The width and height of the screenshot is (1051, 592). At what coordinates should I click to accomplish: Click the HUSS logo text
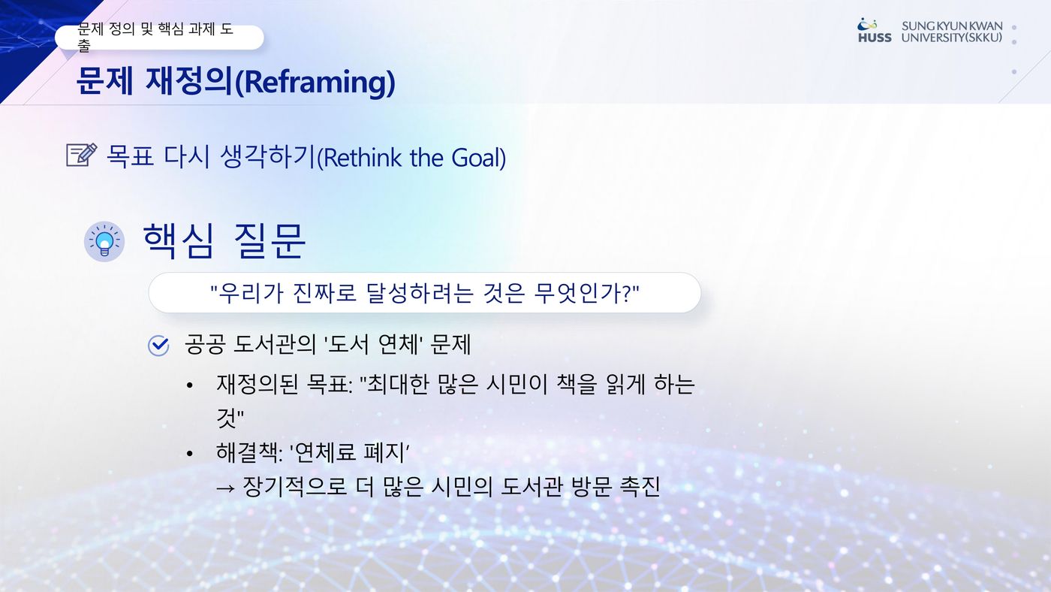[x=875, y=38]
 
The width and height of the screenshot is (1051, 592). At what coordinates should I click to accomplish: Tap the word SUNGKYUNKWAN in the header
[x=952, y=26]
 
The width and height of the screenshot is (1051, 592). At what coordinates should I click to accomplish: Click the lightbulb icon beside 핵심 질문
[x=104, y=241]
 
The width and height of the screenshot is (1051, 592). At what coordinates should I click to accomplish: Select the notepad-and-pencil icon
[x=82, y=155]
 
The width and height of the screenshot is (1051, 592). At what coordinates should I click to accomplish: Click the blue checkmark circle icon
[x=158, y=346]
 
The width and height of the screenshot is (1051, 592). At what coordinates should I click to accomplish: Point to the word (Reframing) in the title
[x=315, y=82]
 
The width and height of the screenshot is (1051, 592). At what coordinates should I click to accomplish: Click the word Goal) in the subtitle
[x=479, y=158]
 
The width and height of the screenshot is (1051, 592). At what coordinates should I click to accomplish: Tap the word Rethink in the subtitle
[x=363, y=158]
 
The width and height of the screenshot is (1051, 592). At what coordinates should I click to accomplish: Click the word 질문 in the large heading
[x=270, y=241]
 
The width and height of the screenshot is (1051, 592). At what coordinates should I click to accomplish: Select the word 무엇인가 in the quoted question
[x=578, y=293]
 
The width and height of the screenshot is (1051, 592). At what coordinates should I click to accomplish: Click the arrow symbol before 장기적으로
[x=225, y=488]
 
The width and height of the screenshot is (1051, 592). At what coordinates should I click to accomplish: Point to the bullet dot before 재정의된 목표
[x=189, y=386]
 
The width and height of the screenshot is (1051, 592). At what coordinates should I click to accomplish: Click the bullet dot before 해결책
[x=189, y=454]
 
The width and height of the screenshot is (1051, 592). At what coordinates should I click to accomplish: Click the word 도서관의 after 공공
[x=275, y=344]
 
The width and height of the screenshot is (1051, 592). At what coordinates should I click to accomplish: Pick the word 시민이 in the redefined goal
[x=516, y=384]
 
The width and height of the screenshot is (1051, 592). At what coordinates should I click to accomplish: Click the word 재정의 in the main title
[x=189, y=80]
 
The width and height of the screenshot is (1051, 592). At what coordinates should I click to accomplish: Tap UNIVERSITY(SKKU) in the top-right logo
[x=952, y=38]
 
